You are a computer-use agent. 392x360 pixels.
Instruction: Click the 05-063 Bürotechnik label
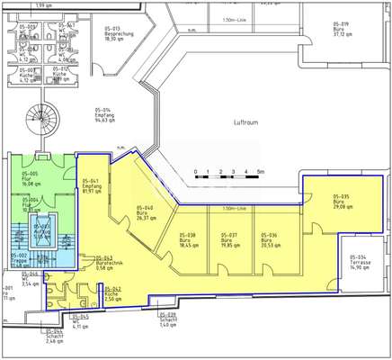click(110, 264)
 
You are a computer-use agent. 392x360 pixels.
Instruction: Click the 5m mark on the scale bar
click(259, 170)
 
